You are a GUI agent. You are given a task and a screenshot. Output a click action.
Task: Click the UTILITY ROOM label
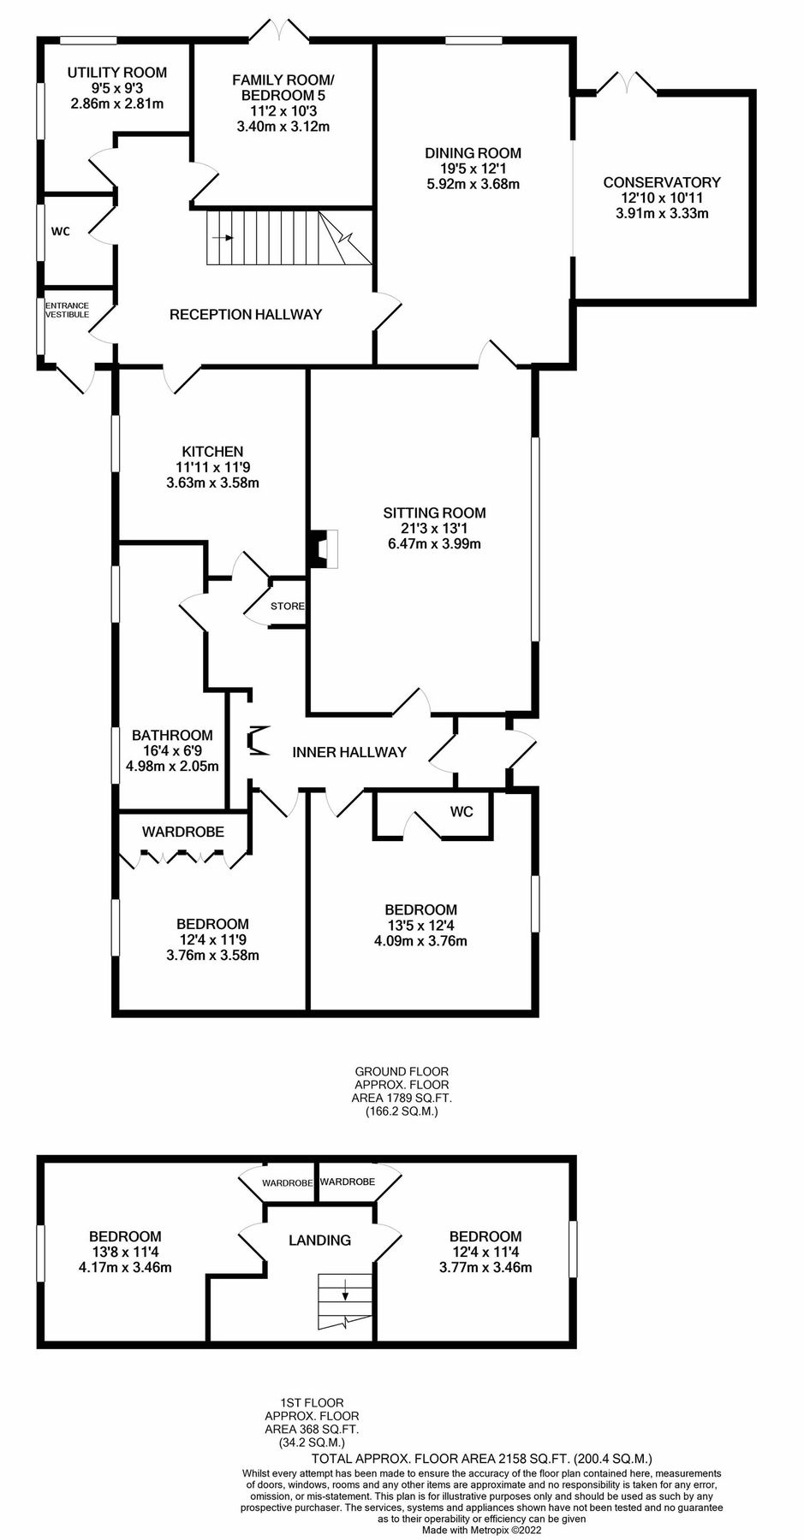click(x=116, y=73)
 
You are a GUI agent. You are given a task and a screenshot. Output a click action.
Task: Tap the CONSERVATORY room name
click(x=661, y=182)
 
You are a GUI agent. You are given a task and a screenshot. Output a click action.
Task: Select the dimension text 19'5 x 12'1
click(x=473, y=169)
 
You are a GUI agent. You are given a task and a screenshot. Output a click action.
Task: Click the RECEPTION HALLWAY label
click(x=246, y=314)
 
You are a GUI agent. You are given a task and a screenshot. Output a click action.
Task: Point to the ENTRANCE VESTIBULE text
click(x=67, y=310)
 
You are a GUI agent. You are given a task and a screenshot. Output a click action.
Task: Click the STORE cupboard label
click(x=287, y=606)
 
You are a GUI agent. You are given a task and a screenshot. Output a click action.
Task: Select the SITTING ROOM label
click(x=434, y=512)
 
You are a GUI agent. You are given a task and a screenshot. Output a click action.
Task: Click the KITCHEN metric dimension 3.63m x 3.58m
click(x=212, y=483)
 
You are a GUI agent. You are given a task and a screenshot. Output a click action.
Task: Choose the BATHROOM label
click(x=172, y=735)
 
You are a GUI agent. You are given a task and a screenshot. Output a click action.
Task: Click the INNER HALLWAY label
click(x=348, y=752)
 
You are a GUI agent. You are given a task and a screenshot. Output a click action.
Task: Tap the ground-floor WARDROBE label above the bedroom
click(x=183, y=832)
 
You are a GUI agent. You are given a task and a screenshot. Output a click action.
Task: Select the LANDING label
click(x=319, y=1240)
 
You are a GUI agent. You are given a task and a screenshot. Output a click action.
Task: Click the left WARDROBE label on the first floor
click(x=287, y=1182)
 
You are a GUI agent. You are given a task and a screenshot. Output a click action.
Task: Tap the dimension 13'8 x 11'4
click(x=125, y=1252)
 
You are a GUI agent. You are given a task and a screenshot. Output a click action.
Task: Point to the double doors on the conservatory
click(x=627, y=83)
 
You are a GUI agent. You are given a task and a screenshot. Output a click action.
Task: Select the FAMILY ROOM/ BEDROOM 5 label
click(x=283, y=88)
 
